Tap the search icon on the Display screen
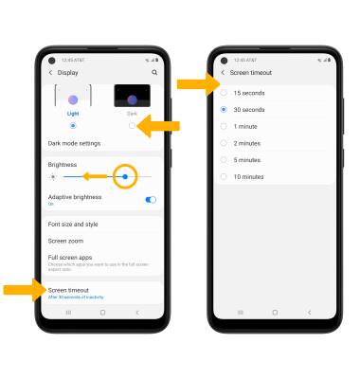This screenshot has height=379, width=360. pos(153,73)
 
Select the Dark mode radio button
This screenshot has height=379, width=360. pos(132,125)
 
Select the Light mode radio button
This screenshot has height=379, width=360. pos(73,125)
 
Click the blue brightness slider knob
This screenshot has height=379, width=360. pos(124,176)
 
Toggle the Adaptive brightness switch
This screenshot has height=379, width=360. pos(151,200)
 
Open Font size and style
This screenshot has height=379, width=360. pos(73,225)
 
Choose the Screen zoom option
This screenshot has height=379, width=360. pos(66,241)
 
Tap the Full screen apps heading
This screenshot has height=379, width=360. pos(69,257)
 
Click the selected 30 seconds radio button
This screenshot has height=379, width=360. pos(224,109)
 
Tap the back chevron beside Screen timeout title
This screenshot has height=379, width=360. pos(223,73)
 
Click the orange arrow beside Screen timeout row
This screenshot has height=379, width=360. pos(21,289)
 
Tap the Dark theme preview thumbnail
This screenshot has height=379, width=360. pos(132,97)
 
